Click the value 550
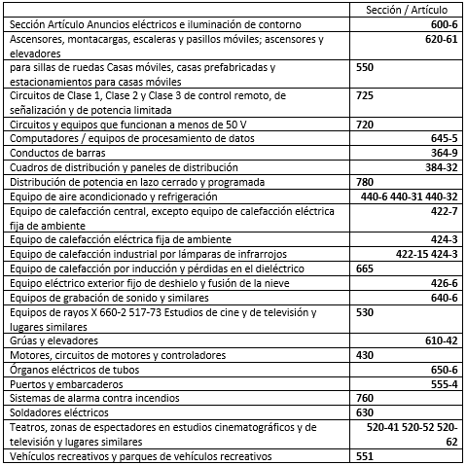click(x=366, y=68)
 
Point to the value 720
click(x=366, y=125)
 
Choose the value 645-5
click(x=443, y=139)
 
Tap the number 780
click(x=366, y=181)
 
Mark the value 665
click(x=366, y=268)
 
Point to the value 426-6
click(x=443, y=282)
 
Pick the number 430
click(x=366, y=355)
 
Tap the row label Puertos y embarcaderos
click(x=63, y=383)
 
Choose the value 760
click(x=366, y=397)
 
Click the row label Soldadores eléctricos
click(x=59, y=411)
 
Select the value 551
click(x=366, y=455)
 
